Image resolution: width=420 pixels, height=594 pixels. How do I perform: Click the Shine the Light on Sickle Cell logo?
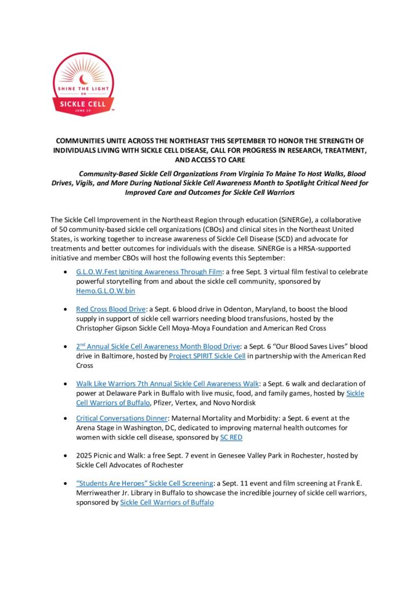(83, 85)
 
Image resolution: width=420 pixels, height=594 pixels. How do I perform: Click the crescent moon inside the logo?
(83, 74)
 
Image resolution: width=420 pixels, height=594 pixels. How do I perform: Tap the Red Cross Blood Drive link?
(110, 309)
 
